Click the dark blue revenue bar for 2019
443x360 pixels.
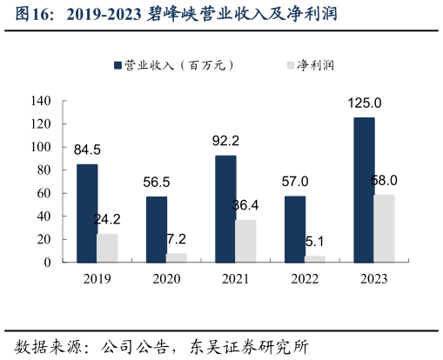tap(87, 213)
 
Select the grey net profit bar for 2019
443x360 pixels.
tap(107, 248)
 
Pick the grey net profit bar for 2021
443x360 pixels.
tap(245, 241)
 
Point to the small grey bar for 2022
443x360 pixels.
tap(315, 259)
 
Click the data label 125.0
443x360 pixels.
tap(365, 103)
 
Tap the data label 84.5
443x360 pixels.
tap(87, 150)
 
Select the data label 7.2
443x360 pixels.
tap(177, 238)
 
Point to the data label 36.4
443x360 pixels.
tap(246, 205)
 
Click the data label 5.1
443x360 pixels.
tap(315, 241)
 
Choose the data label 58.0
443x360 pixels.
tap(383, 180)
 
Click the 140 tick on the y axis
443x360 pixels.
tap(42, 101)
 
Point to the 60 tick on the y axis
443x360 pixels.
tap(45, 193)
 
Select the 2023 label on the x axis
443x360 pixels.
tap(373, 279)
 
